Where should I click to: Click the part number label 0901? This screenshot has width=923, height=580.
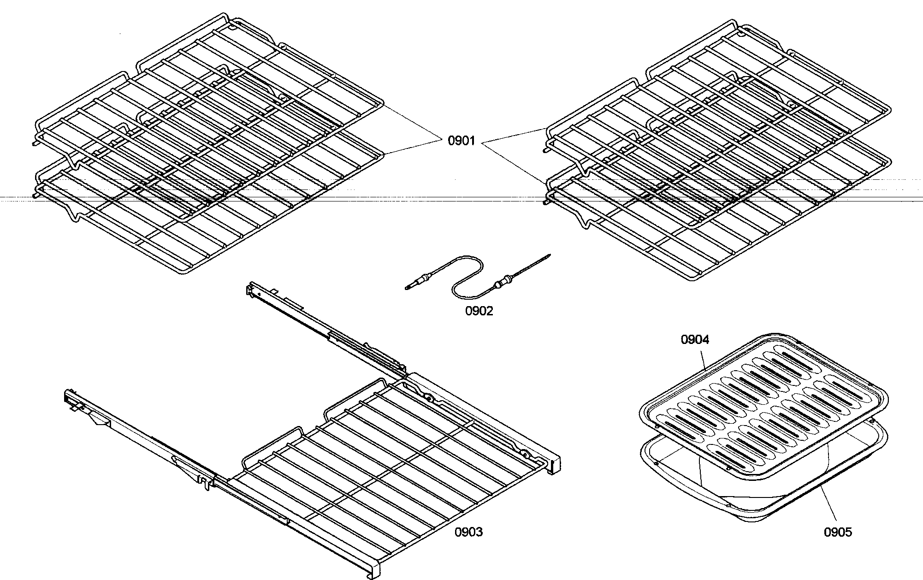click(x=461, y=140)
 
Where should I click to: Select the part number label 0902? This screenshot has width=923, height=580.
click(x=479, y=311)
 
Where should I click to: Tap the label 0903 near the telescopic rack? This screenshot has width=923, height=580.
click(x=468, y=532)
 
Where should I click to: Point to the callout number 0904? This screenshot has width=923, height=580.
click(x=695, y=340)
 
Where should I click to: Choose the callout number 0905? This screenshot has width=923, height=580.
click(x=838, y=533)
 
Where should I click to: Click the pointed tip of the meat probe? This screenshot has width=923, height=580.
click(x=549, y=254)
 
